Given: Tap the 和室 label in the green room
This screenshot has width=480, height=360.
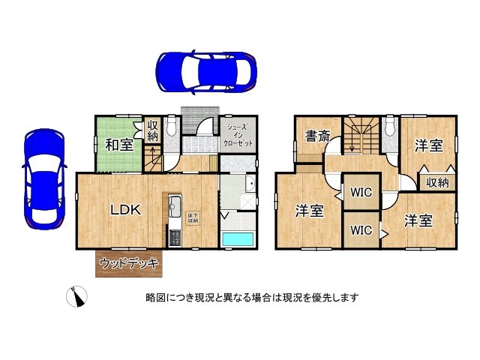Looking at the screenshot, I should pos(118,144).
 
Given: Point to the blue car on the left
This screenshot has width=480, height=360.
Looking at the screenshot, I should pos(44,178).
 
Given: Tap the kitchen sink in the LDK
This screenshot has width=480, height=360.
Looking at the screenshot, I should pos(175,205).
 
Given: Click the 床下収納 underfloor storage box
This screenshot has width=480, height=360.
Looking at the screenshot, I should pos(193,218).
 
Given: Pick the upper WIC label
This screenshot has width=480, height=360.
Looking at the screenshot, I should pos(361,192).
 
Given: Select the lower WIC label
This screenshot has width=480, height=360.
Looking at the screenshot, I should pos(361,230).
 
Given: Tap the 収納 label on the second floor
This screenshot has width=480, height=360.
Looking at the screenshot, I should pos(437,182).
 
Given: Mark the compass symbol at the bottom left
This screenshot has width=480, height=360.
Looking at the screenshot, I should pos(76,298).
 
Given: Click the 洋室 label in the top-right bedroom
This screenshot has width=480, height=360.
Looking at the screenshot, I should pos(430,144).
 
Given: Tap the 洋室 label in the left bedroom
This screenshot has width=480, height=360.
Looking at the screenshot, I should pos(308,211).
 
